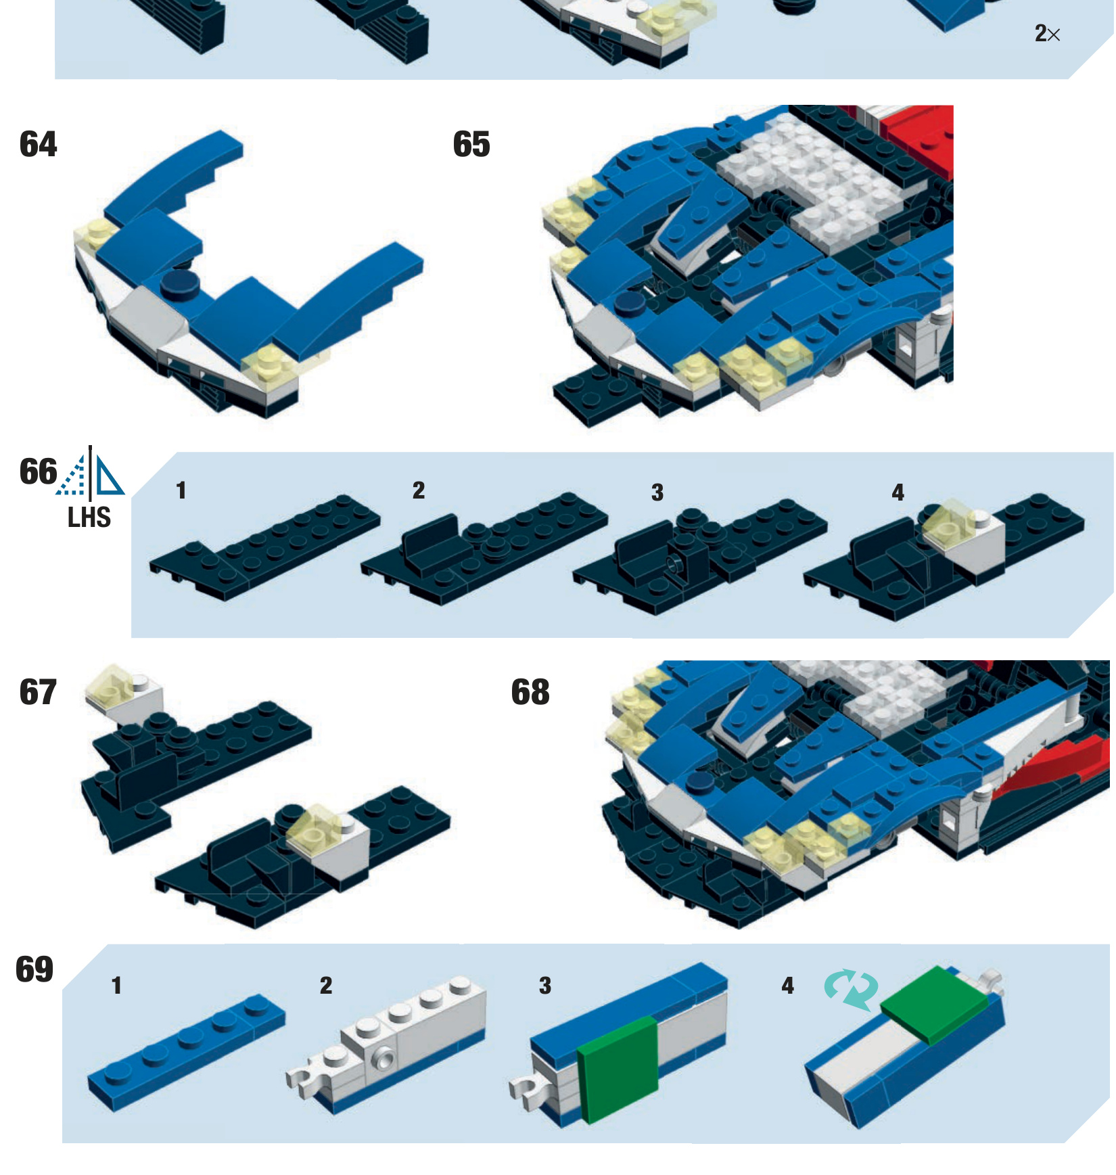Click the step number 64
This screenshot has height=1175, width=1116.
pos(39,144)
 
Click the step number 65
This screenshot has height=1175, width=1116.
pos(471,144)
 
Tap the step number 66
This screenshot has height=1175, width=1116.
pos(38,471)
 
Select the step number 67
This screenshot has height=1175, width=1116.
pos(39,692)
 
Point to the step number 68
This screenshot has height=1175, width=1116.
pos(530,692)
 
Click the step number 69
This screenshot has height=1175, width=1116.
pos(34,969)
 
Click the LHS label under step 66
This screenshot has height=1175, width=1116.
pos(89,517)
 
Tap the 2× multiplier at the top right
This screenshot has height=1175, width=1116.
pos(1047,33)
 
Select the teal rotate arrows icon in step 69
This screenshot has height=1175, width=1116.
pos(851,990)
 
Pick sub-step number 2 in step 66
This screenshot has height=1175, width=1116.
pos(419,490)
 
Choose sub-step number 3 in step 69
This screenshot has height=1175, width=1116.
pos(545,986)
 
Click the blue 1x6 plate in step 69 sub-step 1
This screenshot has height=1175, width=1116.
pos(186,1053)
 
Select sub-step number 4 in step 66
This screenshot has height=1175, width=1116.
pos(898,492)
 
